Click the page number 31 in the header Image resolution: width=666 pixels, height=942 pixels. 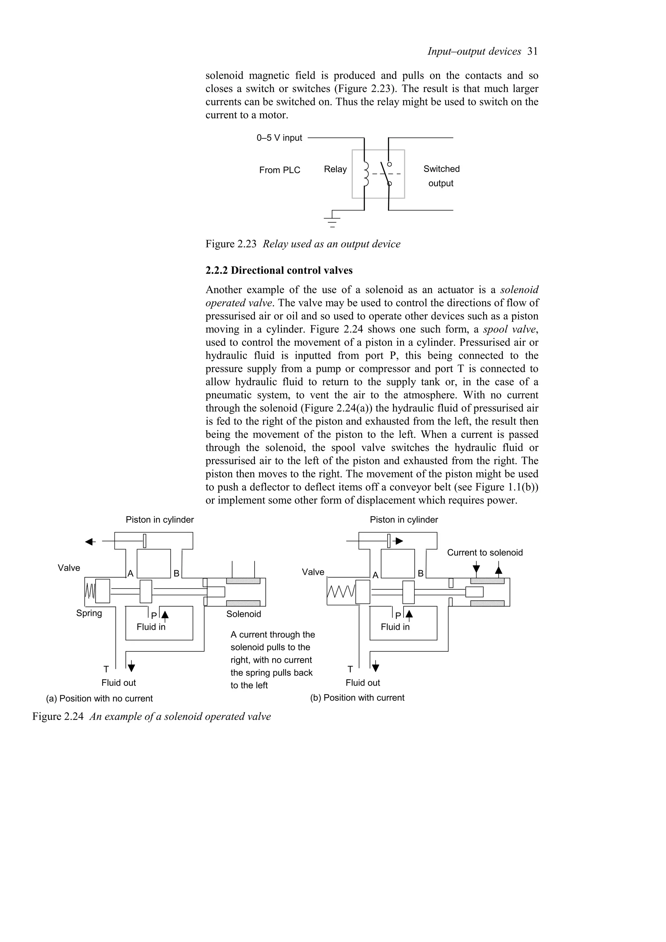point(532,51)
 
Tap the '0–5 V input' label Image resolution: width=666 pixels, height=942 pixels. point(279,138)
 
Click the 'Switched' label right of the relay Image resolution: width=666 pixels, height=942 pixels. point(441,169)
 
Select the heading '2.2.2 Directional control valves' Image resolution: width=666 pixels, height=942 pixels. point(279,270)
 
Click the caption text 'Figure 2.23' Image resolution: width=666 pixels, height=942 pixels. point(231,244)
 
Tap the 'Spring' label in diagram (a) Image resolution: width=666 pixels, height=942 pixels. point(89,613)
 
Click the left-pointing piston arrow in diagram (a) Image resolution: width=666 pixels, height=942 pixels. point(90,542)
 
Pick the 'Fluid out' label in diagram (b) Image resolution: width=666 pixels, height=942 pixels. point(363,683)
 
